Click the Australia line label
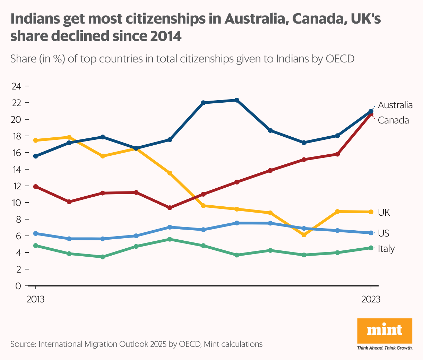[395, 105]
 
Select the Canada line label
[393, 120]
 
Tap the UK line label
[384, 212]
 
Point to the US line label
[383, 233]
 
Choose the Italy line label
[386, 248]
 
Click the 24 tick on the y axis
[17, 86]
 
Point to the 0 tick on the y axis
[18, 286]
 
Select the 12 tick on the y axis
[17, 186]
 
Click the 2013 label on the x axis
[35, 299]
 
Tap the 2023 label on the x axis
[371, 299]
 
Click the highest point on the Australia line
[237, 100]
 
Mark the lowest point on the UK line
[304, 235]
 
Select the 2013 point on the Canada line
[35, 187]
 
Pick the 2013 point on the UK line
[35, 140]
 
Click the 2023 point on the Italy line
[371, 248]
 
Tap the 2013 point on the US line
[35, 233]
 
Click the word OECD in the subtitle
[340, 59]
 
